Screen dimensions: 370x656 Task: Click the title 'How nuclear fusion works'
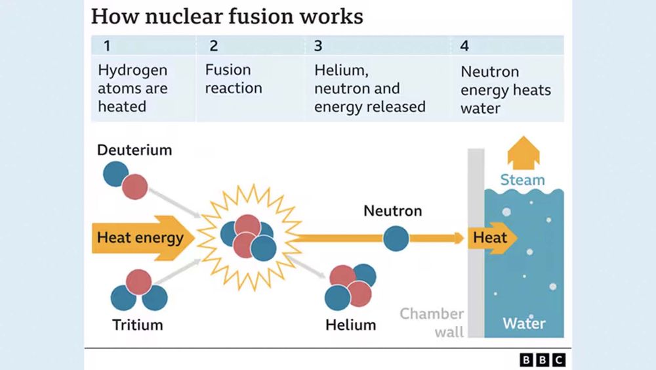(226, 16)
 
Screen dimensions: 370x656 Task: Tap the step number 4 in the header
(464, 46)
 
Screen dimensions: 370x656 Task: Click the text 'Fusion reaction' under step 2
(233, 79)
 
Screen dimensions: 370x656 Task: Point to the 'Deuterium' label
(134, 150)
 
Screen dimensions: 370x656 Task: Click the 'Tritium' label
(137, 325)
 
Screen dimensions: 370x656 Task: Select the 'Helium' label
(350, 325)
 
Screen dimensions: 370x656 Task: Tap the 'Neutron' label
(392, 211)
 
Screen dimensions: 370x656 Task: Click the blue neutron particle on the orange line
(396, 239)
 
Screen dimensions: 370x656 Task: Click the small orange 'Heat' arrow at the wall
(492, 238)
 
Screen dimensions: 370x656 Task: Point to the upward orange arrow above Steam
(523, 152)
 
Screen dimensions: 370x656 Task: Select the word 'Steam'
(522, 180)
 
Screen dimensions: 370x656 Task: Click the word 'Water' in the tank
(523, 323)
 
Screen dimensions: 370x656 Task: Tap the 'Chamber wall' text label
(432, 322)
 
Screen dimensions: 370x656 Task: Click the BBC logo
(542, 359)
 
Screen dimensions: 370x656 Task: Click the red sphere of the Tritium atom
(139, 281)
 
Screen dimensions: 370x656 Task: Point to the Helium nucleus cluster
(350, 286)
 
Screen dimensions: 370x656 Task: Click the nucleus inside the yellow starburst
(248, 237)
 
